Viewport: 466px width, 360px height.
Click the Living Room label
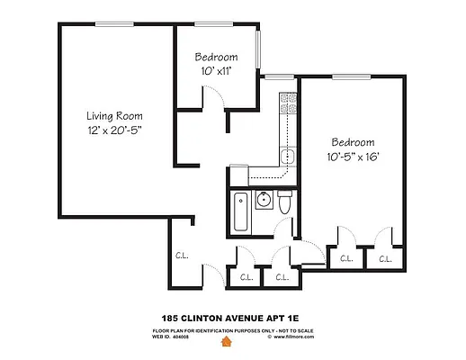click(114, 116)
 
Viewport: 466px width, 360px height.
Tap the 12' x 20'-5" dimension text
click(114, 132)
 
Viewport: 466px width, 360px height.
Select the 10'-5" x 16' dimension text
click(352, 157)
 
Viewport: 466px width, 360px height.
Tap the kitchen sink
click(288, 157)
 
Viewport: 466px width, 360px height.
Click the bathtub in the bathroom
click(239, 211)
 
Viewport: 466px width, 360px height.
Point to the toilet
click(284, 204)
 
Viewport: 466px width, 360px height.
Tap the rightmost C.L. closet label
click(385, 259)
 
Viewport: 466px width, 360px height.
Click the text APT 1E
click(288, 318)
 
